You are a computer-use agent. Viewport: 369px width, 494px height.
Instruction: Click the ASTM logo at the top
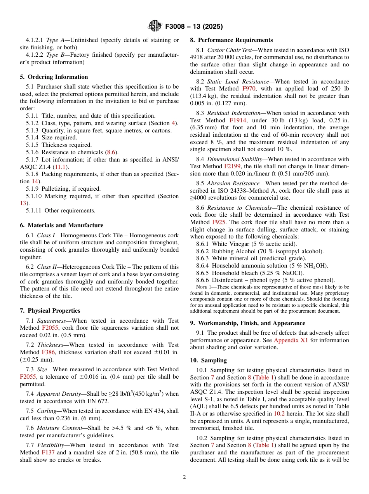[x=155, y=26]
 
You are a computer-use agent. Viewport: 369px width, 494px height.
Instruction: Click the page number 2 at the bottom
[x=184, y=477]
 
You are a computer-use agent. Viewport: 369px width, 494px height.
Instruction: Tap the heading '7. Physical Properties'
[x=50, y=311]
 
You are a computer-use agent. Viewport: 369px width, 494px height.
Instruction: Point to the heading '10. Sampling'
[x=208, y=360]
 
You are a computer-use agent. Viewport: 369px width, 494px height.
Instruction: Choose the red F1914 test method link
[x=238, y=120]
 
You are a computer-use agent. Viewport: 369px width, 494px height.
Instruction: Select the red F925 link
[x=219, y=222]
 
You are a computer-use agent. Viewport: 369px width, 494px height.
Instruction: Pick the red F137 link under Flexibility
[x=48, y=452]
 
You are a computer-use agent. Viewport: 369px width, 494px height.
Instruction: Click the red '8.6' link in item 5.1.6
[x=112, y=152]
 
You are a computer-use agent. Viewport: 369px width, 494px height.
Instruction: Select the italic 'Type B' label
[x=54, y=55]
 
